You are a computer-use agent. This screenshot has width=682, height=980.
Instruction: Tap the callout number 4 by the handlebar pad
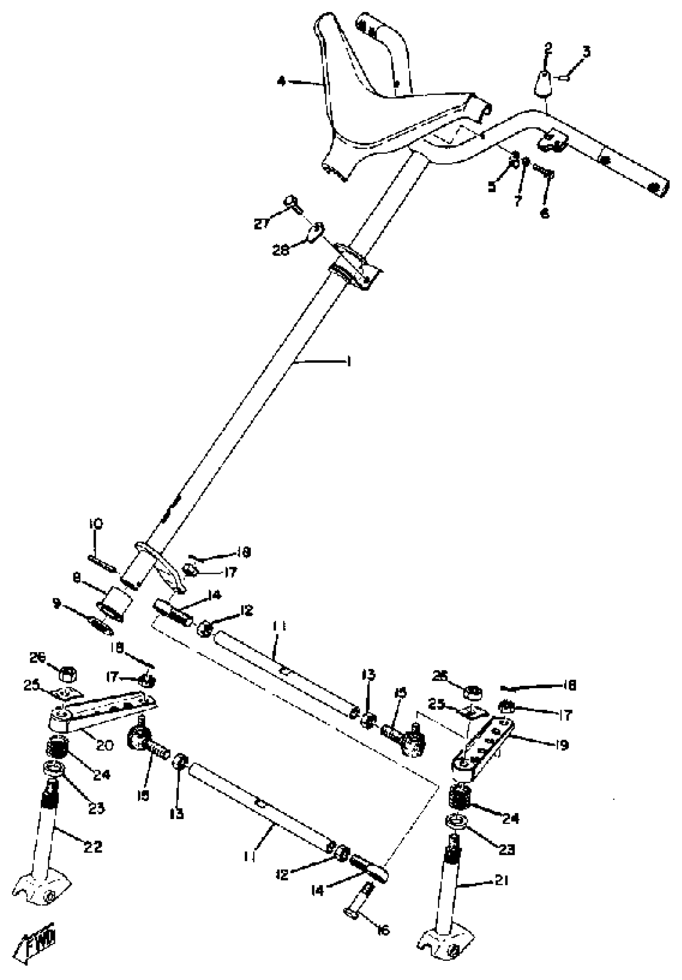(x=281, y=81)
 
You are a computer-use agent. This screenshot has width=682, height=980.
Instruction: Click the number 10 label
(x=96, y=524)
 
